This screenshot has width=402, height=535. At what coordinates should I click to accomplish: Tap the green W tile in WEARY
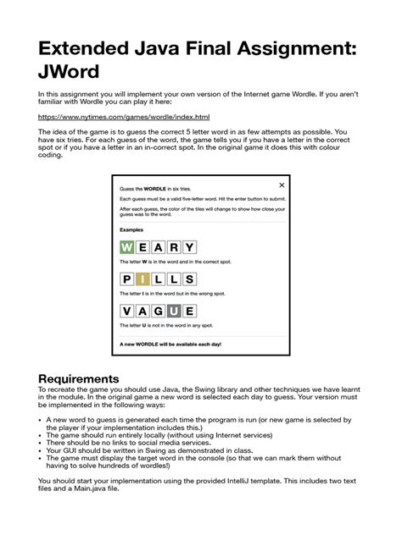tap(127, 247)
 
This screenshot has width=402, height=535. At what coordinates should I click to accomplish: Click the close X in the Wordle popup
tap(282, 185)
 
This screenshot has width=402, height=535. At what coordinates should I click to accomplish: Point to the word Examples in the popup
tap(131, 229)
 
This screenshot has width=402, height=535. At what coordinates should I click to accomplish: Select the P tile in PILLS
tap(127, 280)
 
